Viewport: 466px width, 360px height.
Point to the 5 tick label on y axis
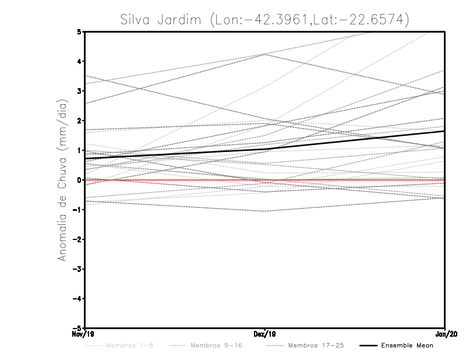[x=79, y=31]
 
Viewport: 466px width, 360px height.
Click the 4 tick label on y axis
[x=79, y=61]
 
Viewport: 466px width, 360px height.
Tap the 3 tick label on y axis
[x=79, y=91]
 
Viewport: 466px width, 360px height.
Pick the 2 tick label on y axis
[x=79, y=121]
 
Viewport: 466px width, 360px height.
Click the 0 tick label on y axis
[x=79, y=180]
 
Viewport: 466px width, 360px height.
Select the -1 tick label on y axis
[x=77, y=210]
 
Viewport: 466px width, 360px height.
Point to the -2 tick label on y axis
[x=77, y=239]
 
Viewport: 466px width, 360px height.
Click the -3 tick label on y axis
[x=77, y=269]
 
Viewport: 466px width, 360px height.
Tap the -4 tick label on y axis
[x=77, y=299]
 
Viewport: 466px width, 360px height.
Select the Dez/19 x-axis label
[x=265, y=334]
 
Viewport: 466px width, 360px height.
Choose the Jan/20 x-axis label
[x=444, y=334]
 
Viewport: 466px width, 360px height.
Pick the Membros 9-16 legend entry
[x=216, y=345]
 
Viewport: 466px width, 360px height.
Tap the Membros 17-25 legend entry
[x=317, y=345]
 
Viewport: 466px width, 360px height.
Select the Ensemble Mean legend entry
[x=407, y=345]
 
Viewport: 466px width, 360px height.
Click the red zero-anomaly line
[x=175, y=180]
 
